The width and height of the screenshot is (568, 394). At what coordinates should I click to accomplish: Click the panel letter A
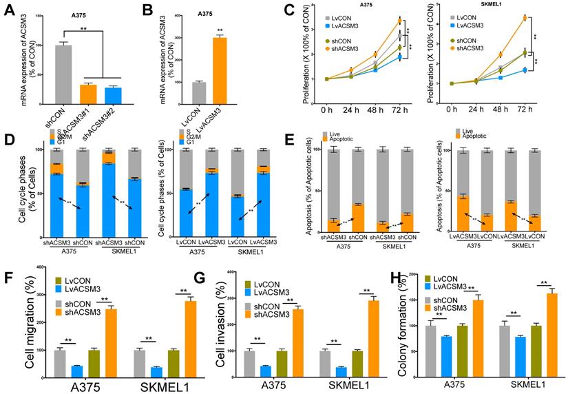10,11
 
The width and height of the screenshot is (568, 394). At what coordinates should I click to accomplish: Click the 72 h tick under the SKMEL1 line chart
525,109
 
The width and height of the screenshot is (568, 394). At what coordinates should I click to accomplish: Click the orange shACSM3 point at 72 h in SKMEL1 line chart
525,17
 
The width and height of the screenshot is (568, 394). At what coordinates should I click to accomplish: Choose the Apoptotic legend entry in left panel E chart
344,138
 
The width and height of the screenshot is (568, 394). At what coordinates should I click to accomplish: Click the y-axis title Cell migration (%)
13,321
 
